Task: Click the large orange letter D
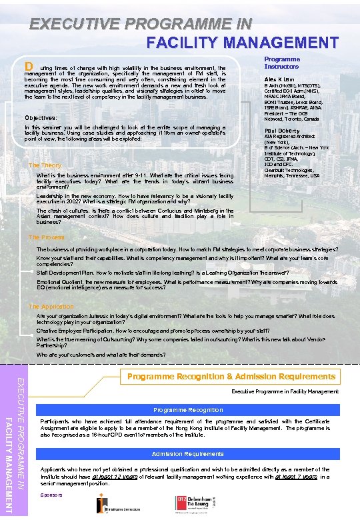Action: [29, 67]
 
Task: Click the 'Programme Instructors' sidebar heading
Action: [282, 63]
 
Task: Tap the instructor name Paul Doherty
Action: [281, 131]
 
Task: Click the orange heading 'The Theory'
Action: [45, 165]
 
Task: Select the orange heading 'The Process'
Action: [46, 237]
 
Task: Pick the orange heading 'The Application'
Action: [51, 306]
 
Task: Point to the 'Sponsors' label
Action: [51, 495]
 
